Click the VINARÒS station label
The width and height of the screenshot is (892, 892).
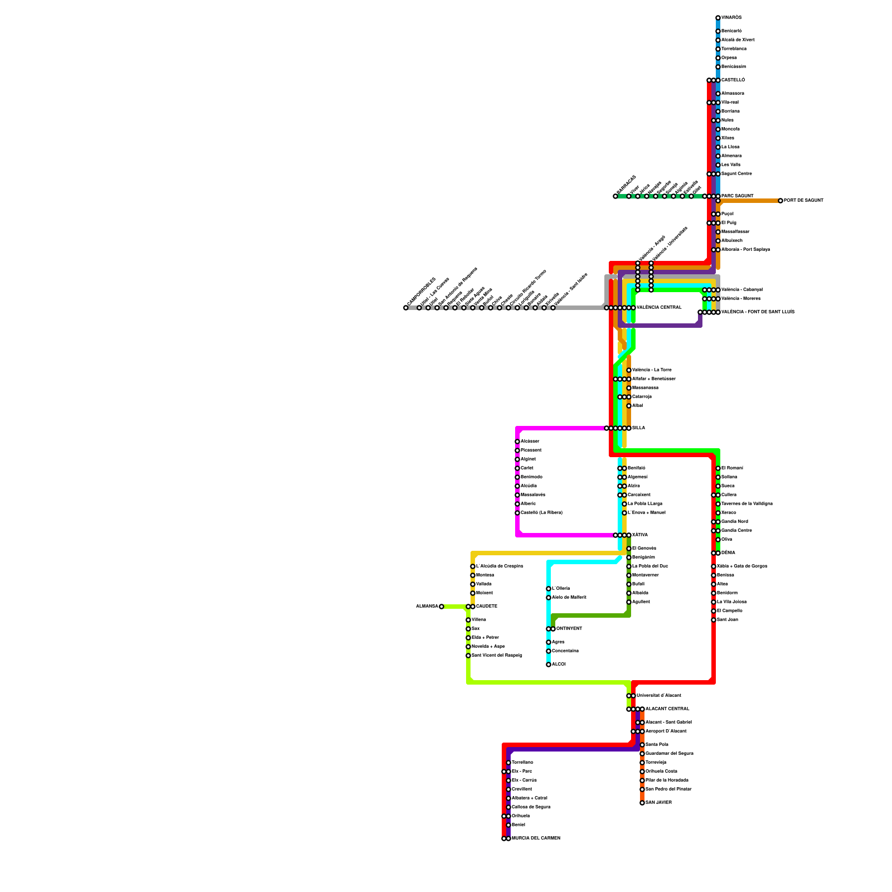731,18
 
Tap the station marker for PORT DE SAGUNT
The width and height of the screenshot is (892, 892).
780,201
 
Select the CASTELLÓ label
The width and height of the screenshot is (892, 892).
733,80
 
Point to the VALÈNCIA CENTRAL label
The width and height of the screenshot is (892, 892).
659,308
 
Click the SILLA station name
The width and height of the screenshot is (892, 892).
638,428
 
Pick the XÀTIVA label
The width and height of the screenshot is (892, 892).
639,535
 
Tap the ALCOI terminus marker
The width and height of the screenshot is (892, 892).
549,665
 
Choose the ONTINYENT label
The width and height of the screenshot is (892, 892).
569,629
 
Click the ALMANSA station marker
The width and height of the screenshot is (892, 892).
442,607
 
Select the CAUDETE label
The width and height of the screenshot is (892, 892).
487,607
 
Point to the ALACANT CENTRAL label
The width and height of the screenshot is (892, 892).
667,709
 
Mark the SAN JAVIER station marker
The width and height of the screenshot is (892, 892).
642,803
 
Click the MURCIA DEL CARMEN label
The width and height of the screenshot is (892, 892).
536,838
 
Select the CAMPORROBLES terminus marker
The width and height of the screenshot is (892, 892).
406,308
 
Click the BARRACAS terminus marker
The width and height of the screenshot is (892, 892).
615,196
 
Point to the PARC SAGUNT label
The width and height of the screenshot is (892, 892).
737,196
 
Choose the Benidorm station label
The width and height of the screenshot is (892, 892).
727,593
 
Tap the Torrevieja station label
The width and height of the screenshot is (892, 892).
656,763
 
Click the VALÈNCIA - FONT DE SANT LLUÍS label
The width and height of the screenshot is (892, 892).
758,312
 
